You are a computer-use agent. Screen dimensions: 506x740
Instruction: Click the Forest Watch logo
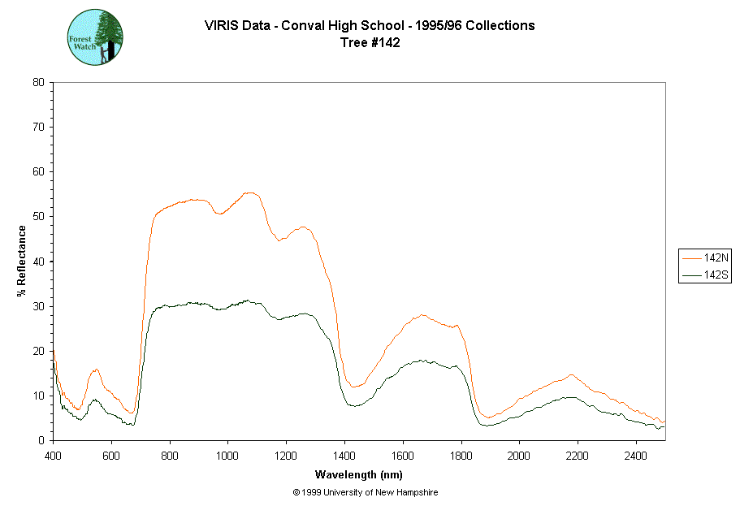click(x=95, y=37)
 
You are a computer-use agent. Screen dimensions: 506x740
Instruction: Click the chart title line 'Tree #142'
click(x=370, y=43)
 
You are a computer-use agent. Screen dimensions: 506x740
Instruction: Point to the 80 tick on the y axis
click(x=37, y=82)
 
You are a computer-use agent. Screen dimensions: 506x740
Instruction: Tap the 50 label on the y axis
click(x=37, y=217)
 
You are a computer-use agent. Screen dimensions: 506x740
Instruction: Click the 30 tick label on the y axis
click(x=37, y=306)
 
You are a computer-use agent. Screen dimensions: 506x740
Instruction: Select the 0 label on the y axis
click(x=41, y=440)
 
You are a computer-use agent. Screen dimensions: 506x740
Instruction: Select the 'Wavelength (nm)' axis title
click(x=359, y=474)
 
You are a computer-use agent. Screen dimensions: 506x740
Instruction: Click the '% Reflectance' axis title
click(x=21, y=261)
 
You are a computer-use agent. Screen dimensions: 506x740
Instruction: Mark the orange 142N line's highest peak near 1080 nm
click(x=249, y=192)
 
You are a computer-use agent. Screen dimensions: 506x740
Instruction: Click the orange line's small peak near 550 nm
click(x=96, y=370)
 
